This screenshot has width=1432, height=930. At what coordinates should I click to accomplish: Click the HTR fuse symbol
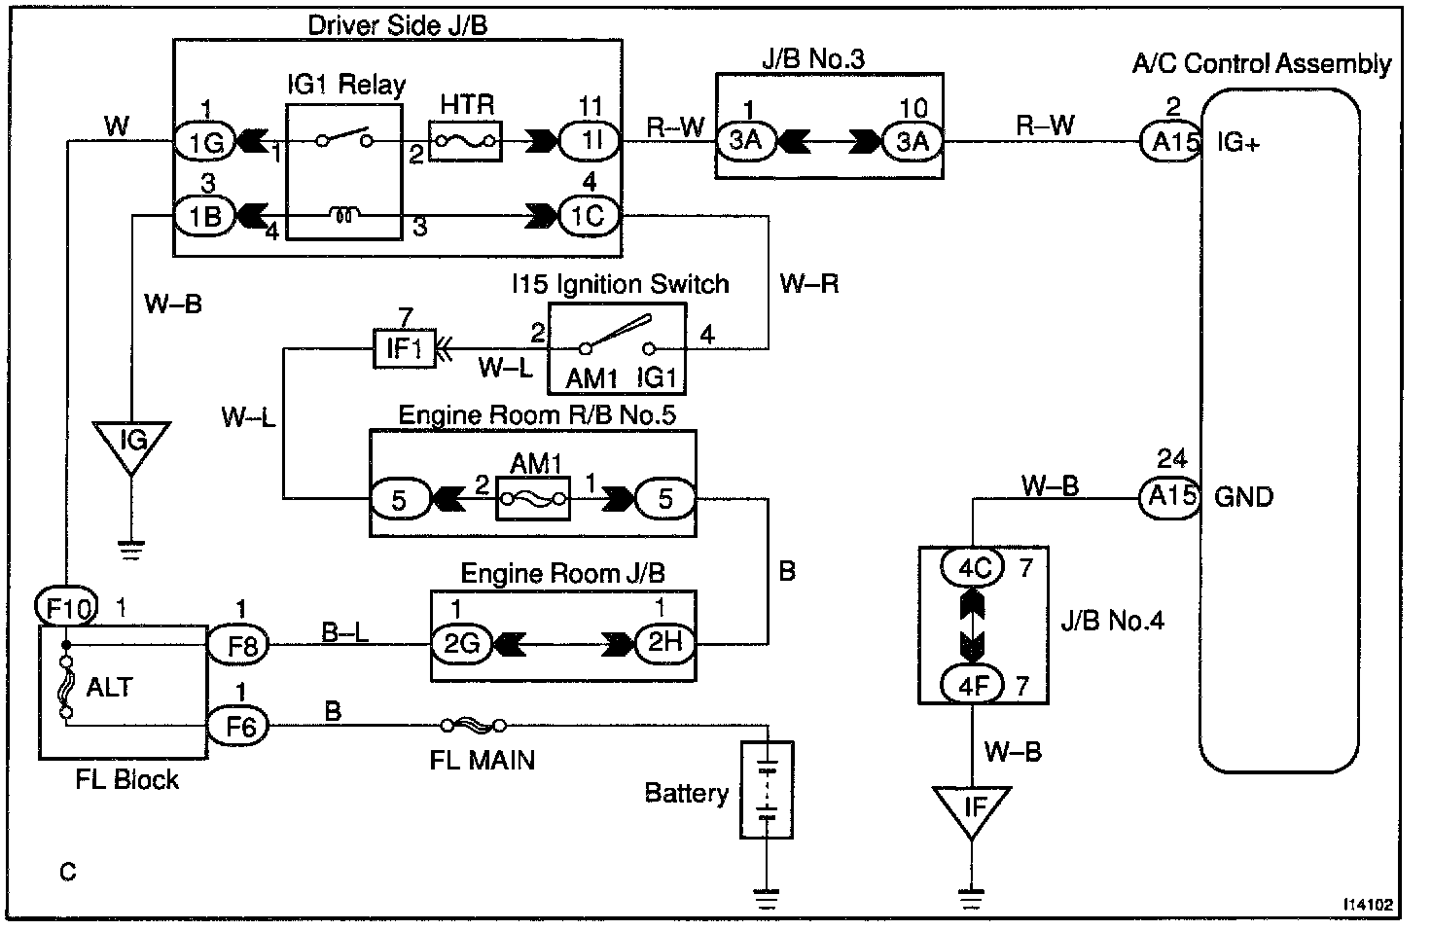465,142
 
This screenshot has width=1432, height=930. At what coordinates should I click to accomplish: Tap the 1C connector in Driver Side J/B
588,215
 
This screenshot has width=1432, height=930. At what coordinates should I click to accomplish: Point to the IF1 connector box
404,347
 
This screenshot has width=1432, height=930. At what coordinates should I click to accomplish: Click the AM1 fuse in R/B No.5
533,499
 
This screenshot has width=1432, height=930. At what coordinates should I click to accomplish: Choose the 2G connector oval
462,644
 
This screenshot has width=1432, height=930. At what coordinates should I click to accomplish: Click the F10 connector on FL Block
67,609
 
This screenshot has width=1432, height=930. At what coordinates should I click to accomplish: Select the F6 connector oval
239,724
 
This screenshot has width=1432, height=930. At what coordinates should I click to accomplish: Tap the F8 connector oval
239,644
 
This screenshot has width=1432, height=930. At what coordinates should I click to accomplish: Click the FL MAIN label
482,759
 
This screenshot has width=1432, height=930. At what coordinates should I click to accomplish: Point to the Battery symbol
768,789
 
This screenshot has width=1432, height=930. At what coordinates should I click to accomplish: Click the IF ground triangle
972,809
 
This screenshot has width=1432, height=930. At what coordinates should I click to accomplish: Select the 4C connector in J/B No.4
973,566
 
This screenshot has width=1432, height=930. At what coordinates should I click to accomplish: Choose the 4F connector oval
973,686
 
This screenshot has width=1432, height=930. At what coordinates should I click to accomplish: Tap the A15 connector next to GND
1170,496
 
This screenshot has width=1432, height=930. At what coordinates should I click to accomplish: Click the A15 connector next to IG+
1172,142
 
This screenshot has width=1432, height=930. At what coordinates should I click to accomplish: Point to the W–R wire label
808,284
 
